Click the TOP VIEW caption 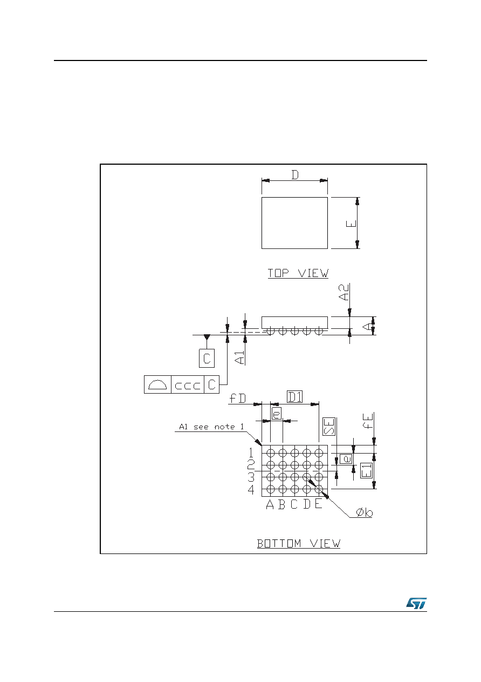pyautogui.click(x=298, y=273)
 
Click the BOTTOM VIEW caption pyautogui.click(x=299, y=543)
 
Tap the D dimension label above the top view pyautogui.click(x=295, y=175)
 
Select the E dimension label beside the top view pyautogui.click(x=351, y=224)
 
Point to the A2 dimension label pyautogui.click(x=344, y=292)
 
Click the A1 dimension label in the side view pyautogui.click(x=240, y=357)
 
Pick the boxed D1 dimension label pyautogui.click(x=294, y=397)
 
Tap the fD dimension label pyautogui.click(x=237, y=398)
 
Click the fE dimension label pyautogui.click(x=368, y=421)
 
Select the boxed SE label pyautogui.click(x=329, y=427)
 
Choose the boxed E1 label pyautogui.click(x=366, y=470)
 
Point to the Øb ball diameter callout pyautogui.click(x=364, y=513)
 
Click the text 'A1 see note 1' pyautogui.click(x=211, y=427)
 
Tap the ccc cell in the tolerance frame pyautogui.click(x=188, y=385)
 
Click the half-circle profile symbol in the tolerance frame pyautogui.click(x=157, y=385)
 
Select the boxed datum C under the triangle pyautogui.click(x=207, y=359)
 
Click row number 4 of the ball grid pyautogui.click(x=251, y=490)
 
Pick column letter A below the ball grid pyautogui.click(x=270, y=504)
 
